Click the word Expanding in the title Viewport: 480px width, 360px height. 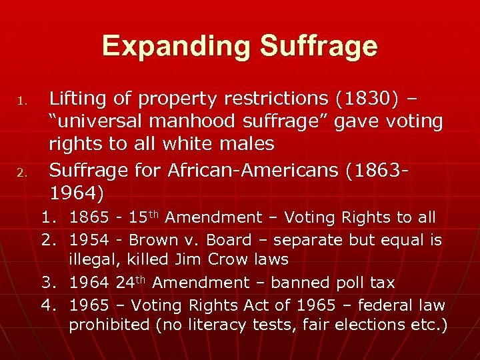[x=177, y=47]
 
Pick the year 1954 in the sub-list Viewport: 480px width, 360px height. [x=87, y=240]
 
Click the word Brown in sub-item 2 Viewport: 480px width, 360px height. [x=153, y=240]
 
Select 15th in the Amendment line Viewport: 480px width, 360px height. [x=143, y=217]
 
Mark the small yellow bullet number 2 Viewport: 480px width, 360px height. [x=22, y=173]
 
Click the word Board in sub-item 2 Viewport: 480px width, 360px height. [x=229, y=240]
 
